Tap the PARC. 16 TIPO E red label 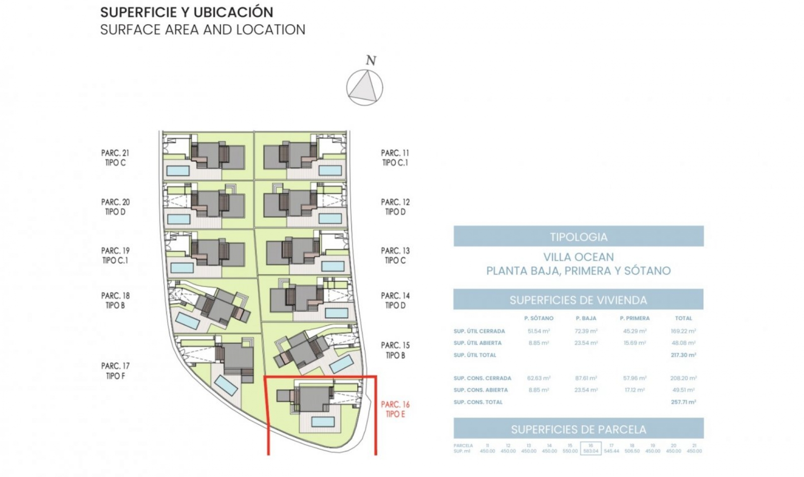point(395,409)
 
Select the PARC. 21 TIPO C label point(115,158)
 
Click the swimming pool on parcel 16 point(323,421)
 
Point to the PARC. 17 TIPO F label point(115,371)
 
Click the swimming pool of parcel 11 point(330,170)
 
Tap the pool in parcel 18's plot point(187,321)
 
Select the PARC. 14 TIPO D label point(395,300)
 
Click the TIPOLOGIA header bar point(578,237)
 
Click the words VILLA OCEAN point(578,257)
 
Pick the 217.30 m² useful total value point(683,355)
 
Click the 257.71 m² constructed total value point(683,402)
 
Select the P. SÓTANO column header point(539,318)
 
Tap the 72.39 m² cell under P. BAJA point(586,331)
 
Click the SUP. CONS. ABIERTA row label point(480,390)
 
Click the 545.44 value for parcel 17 point(611,451)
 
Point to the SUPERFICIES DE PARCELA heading point(578,429)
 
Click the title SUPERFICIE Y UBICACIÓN point(187,12)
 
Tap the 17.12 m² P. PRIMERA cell point(634,390)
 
